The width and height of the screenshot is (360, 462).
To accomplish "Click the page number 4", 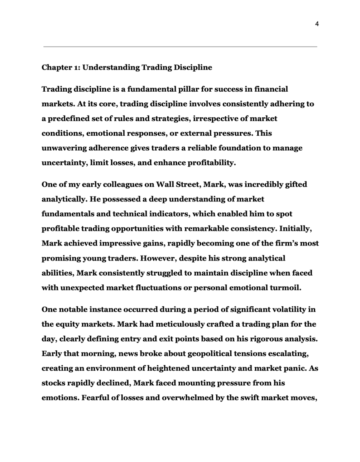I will click(317, 24).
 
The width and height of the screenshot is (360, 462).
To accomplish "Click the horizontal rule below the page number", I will click(180, 47).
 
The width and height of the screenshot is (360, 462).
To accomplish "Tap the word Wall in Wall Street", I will click(165, 184).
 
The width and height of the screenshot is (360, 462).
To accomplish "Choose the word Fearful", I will click(95, 398).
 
